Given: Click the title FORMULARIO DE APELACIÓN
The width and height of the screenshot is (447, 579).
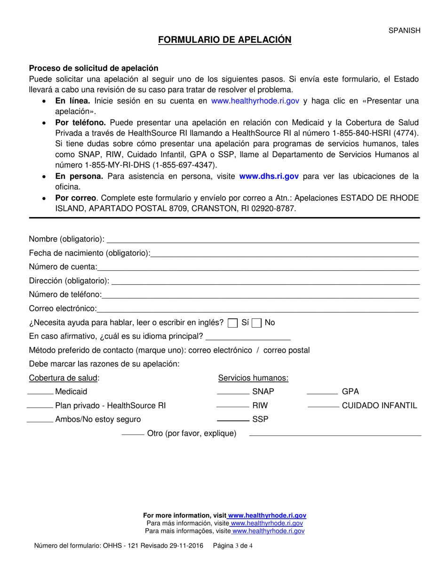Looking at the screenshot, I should click(224, 40).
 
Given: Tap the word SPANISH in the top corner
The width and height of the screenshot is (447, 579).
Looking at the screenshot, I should click(404, 30).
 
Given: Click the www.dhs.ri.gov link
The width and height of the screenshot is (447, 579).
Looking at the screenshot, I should click(269, 177).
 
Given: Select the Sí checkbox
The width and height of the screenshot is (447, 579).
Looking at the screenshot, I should click(232, 323).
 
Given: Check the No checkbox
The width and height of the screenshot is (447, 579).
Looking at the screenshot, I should click(256, 323).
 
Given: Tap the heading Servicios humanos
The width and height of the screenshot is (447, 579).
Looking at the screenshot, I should click(253, 378).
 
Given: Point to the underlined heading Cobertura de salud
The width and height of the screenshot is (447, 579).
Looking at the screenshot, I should click(64, 378).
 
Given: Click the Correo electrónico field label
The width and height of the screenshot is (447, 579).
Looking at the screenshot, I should click(63, 309).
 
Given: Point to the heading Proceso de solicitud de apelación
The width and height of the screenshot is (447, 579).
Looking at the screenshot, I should click(94, 68).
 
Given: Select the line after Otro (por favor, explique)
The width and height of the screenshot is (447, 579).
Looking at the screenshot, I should click(335, 436).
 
